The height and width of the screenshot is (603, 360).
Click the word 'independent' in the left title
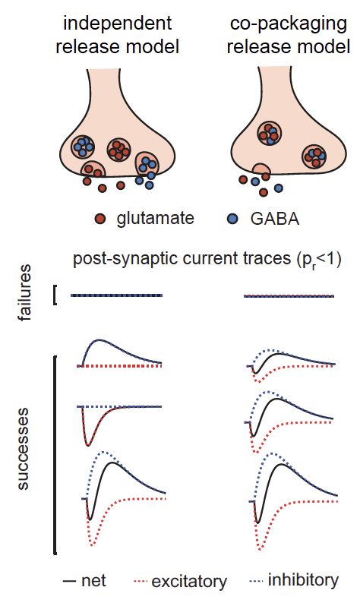[x=117, y=23]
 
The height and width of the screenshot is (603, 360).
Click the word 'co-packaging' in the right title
[x=289, y=24]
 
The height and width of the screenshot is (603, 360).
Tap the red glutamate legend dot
[x=100, y=219]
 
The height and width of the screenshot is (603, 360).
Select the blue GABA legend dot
[x=232, y=219]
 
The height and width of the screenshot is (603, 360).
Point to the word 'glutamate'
[x=156, y=219]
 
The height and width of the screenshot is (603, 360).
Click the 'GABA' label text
[x=275, y=219]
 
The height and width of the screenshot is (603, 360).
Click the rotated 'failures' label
[x=24, y=292]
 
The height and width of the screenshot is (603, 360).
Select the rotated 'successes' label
[x=23, y=449]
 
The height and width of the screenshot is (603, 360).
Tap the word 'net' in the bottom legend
[x=93, y=581]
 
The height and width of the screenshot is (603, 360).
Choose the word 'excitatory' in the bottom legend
[x=189, y=582]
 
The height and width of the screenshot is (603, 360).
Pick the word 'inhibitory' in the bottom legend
[x=303, y=580]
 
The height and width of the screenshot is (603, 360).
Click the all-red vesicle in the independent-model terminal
[x=118, y=150]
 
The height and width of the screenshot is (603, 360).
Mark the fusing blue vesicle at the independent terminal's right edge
[x=147, y=164]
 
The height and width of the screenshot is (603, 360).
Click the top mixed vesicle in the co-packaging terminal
[x=269, y=133]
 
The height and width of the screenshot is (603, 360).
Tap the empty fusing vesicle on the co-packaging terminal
[x=261, y=169]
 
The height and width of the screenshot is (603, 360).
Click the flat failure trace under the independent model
[x=116, y=295]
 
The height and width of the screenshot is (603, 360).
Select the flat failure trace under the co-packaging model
[x=289, y=296]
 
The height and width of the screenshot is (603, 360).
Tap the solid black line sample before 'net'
[x=70, y=581]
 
